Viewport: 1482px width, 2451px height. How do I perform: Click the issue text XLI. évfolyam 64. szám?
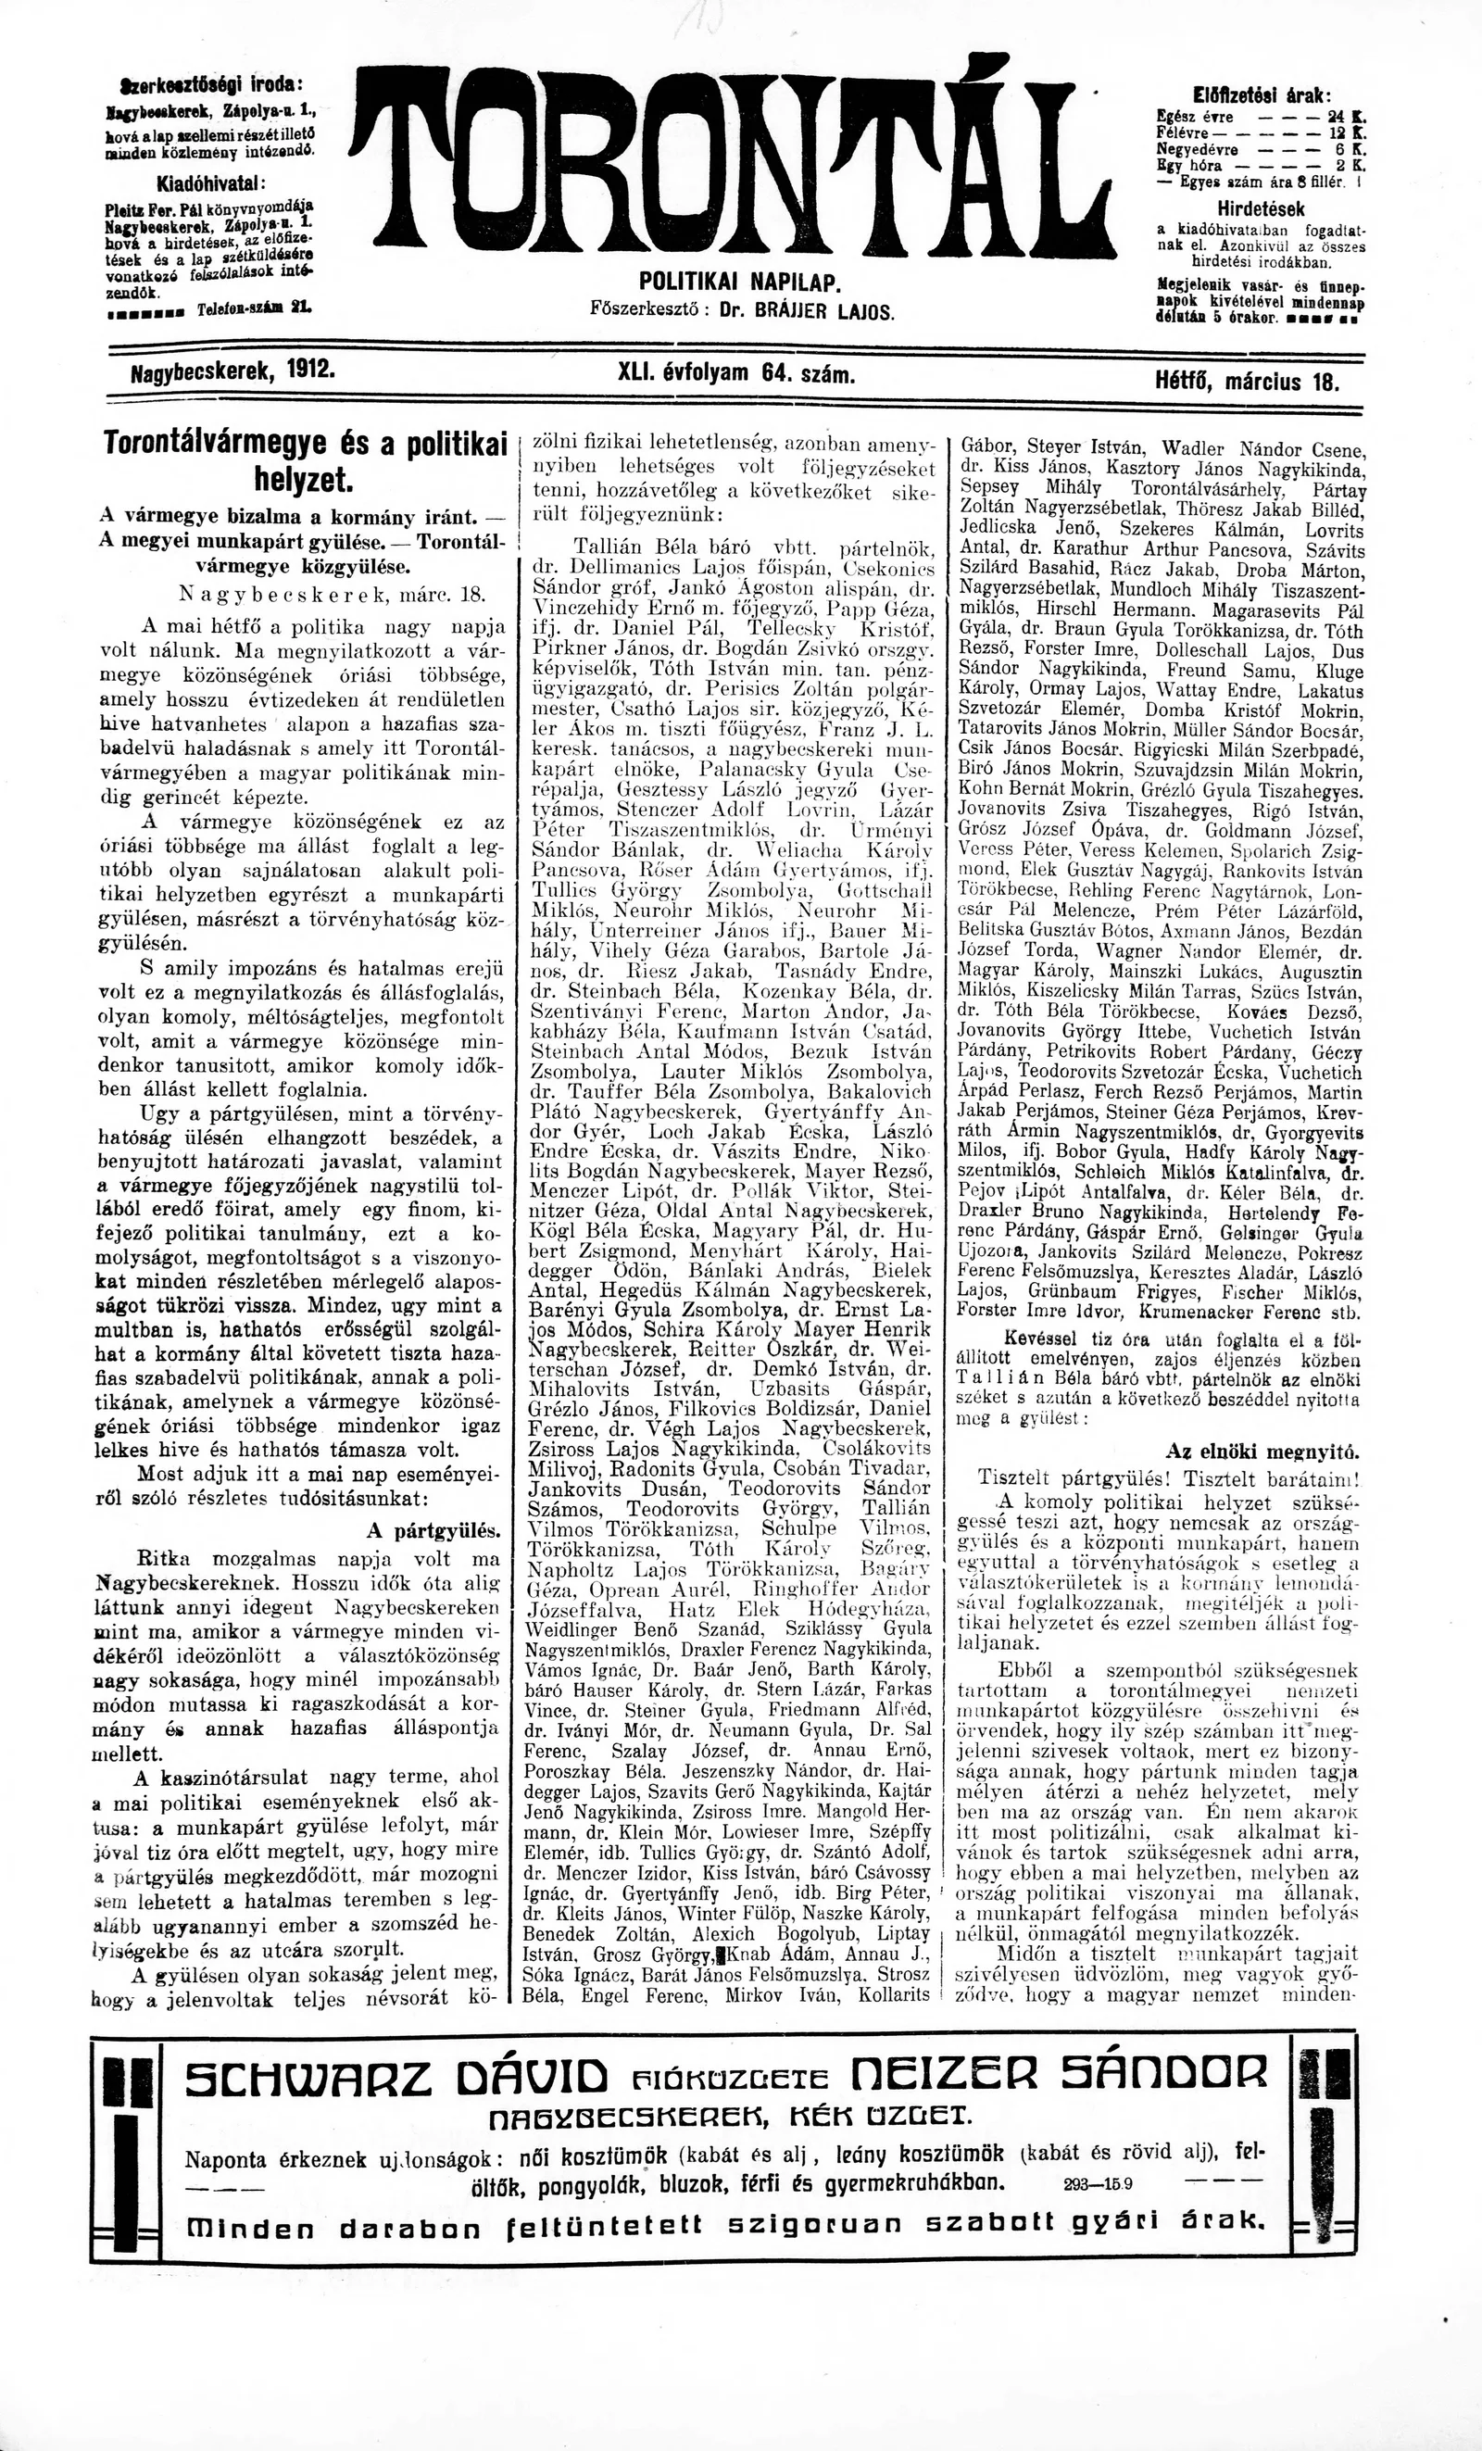tap(737, 374)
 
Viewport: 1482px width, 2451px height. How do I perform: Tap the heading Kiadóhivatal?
tap(211, 183)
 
